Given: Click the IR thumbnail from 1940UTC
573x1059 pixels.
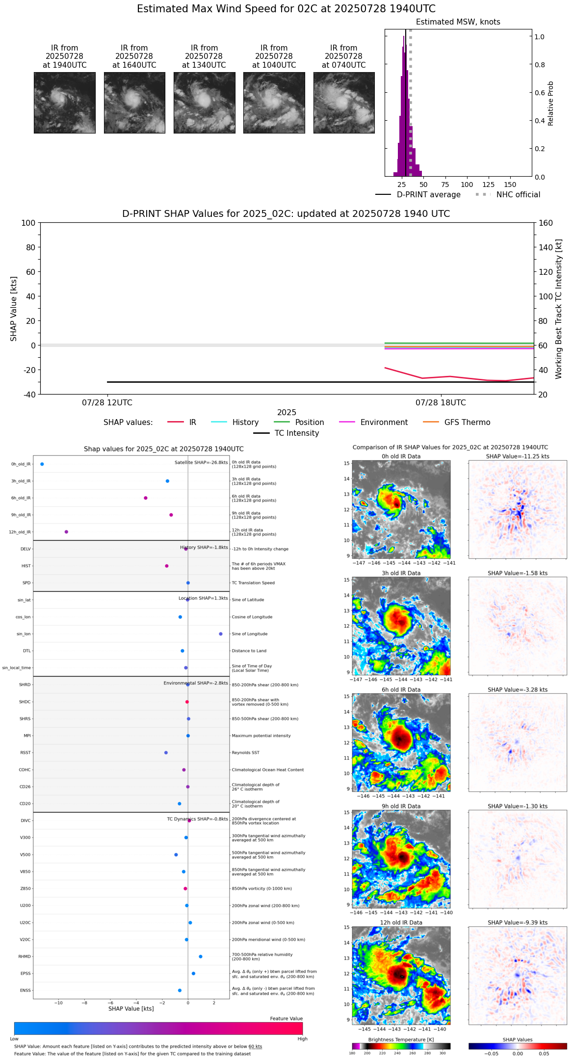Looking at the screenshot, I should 65,103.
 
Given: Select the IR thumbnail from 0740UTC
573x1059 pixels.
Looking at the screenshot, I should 344,103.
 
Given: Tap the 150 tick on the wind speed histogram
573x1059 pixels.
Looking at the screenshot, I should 510,185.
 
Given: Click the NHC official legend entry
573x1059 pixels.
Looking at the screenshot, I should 518,195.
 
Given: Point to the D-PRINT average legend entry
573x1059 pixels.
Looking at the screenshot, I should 428,195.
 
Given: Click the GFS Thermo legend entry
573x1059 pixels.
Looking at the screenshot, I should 467,423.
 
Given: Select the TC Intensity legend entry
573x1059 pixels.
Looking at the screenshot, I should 296,433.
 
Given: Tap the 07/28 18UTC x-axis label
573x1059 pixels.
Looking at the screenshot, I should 441,403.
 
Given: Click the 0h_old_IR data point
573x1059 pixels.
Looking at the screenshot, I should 42,464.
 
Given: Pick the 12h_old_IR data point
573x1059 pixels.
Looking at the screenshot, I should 66,532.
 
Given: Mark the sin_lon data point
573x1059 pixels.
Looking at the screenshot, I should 221,634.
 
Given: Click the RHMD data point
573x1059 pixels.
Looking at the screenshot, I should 201,956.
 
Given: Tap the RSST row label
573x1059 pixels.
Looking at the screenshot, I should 26,753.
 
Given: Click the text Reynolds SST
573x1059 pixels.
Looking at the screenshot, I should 245,753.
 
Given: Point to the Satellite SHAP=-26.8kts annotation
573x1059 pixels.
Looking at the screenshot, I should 201,463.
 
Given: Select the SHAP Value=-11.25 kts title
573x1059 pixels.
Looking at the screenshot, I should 518,456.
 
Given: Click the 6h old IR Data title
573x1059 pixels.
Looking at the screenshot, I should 401,689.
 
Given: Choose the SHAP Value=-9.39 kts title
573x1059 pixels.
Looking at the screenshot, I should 518,923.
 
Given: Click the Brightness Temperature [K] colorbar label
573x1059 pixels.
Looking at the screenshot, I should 401,1040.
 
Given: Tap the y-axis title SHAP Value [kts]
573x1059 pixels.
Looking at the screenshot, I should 14,309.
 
